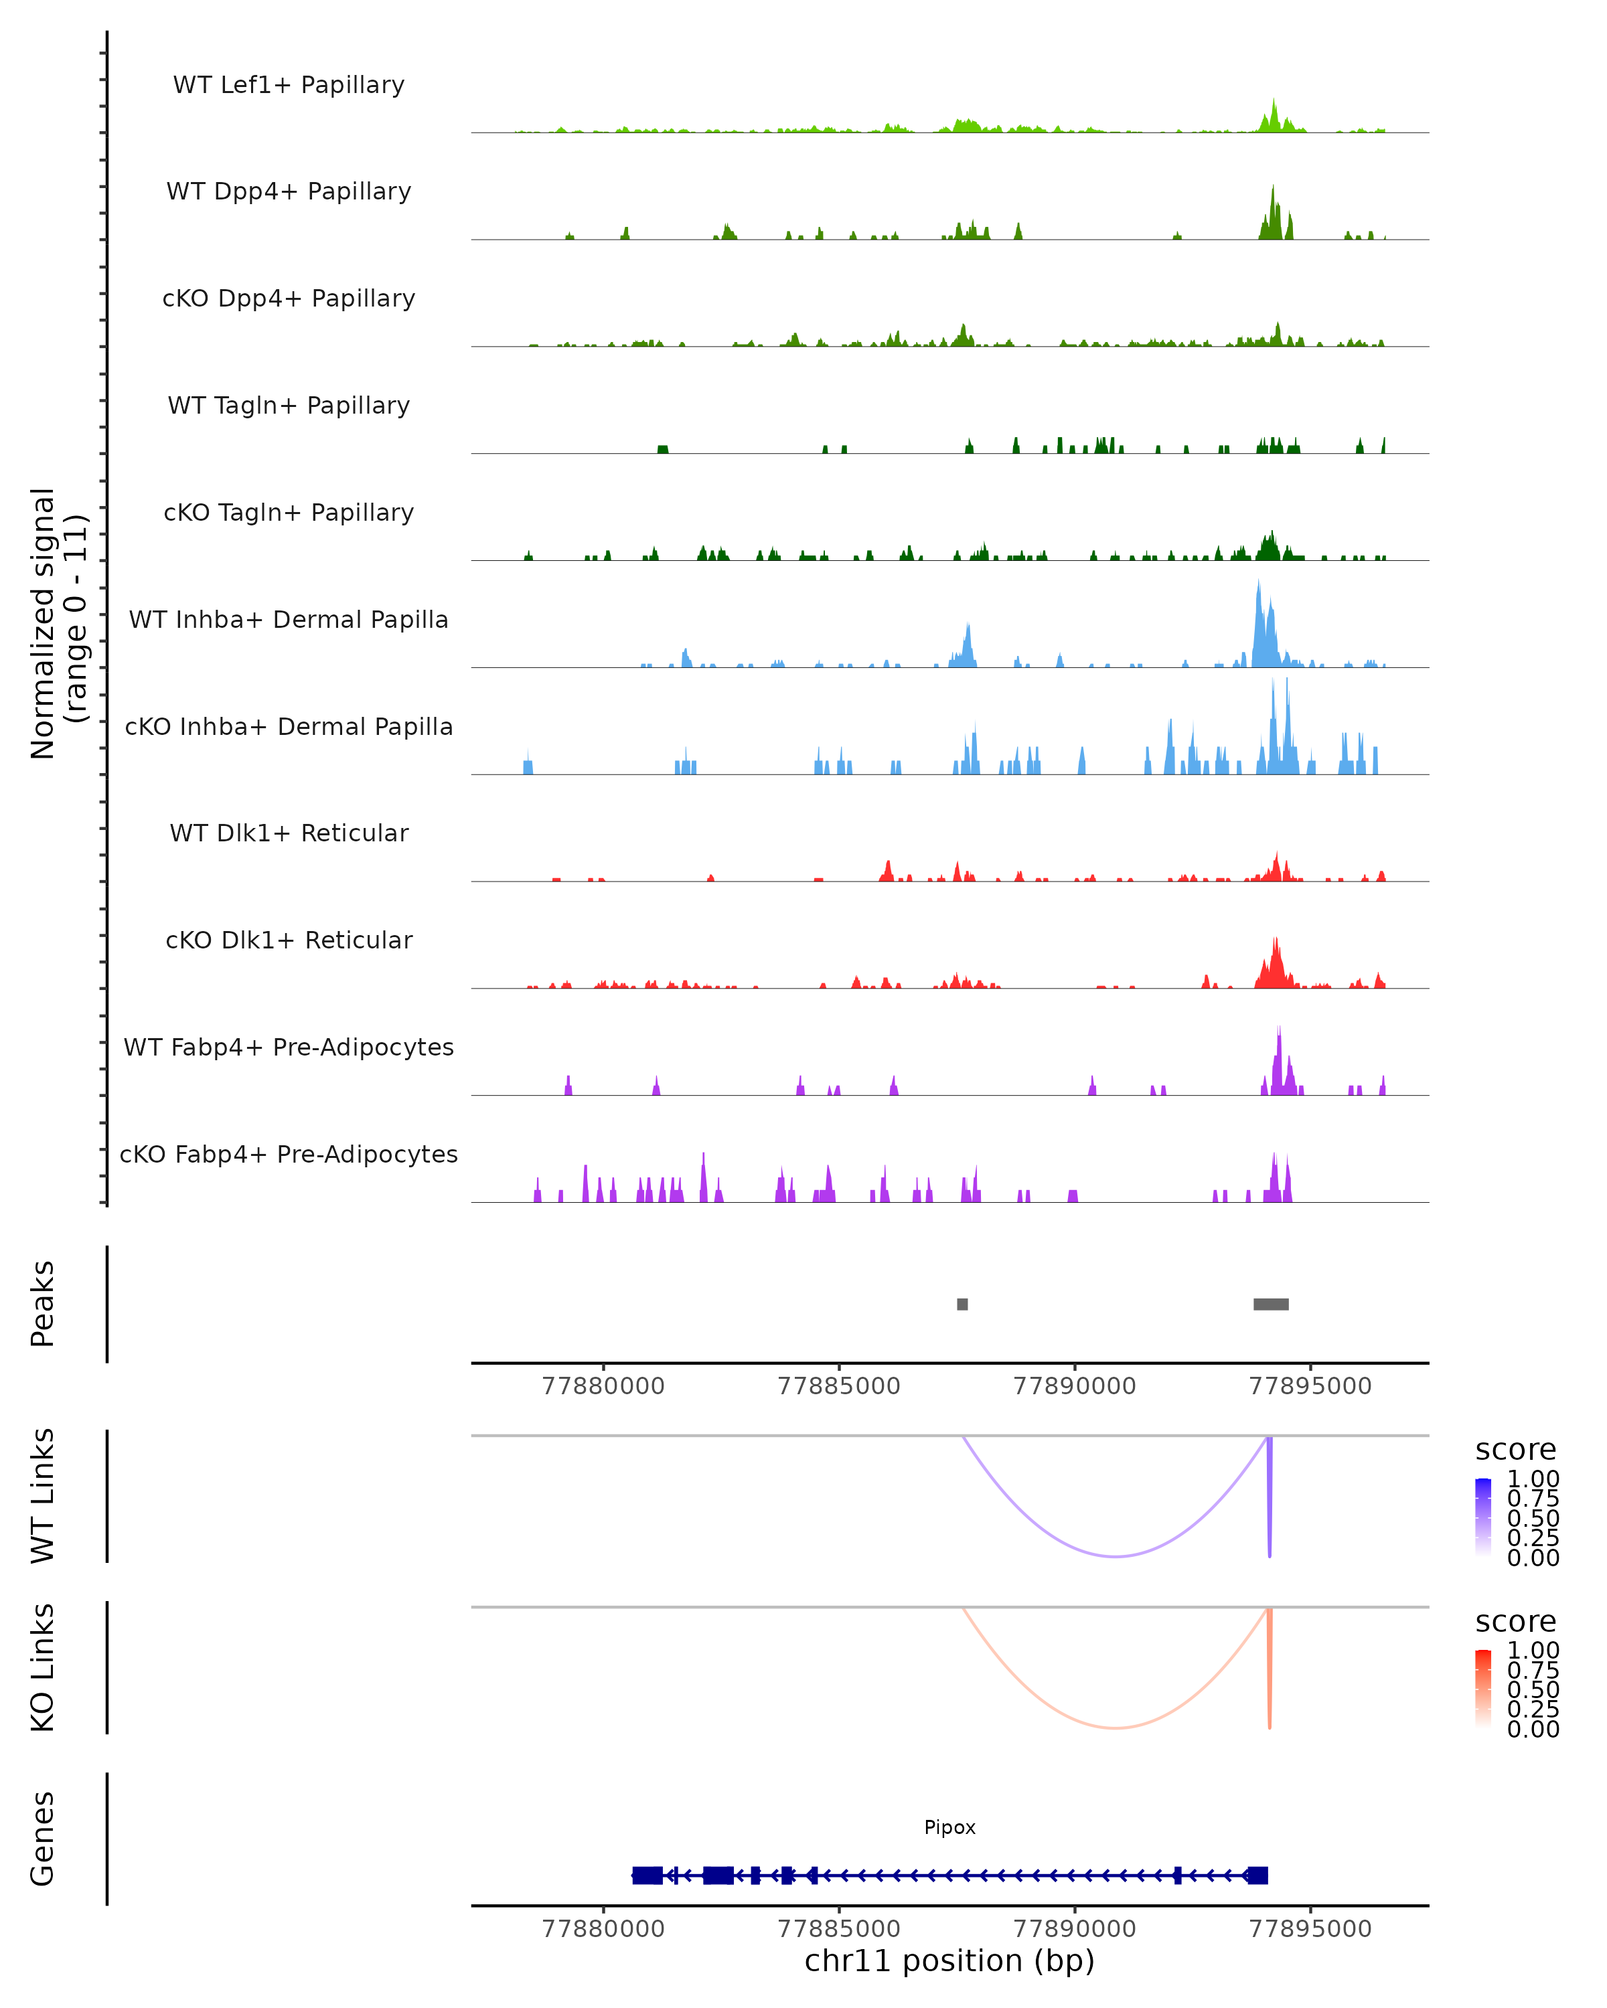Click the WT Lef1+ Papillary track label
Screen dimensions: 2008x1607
(289, 85)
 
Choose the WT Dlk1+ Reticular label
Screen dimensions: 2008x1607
(289, 833)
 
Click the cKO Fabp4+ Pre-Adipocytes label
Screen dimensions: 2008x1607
(289, 1154)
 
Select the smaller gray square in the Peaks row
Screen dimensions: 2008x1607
(962, 1304)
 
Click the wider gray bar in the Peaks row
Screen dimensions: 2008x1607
(1271, 1304)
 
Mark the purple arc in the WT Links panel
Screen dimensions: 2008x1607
(1114, 1556)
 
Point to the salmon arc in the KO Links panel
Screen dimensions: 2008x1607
(1114, 1728)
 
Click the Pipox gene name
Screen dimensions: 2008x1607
(949, 1827)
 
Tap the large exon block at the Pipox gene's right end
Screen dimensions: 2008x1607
(1257, 1875)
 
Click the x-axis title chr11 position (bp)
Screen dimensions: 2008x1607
(949, 1960)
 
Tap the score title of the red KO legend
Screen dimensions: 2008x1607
(1516, 1622)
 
